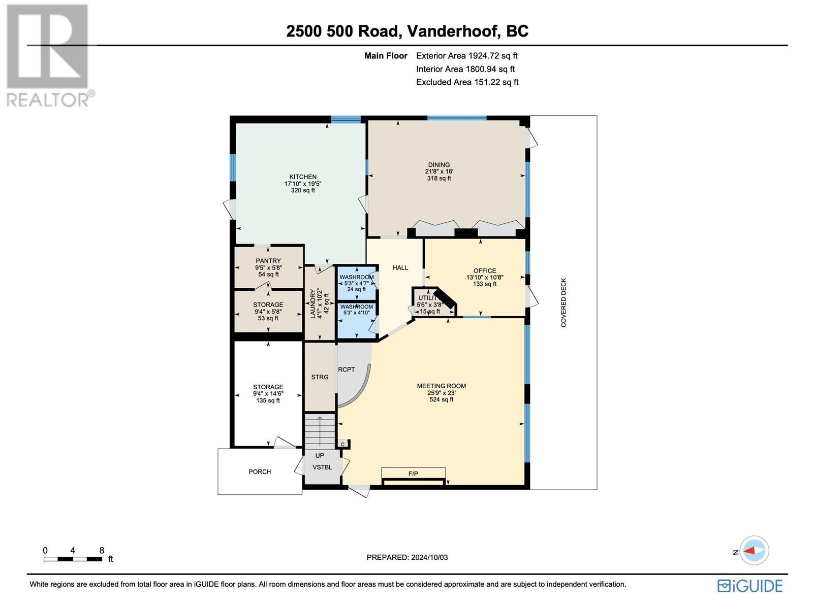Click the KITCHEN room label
303,177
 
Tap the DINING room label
439,165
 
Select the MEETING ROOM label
441,386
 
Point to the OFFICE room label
484,271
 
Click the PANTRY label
268,261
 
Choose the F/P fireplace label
413,473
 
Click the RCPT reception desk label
347,369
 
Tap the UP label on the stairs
320,456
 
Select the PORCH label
260,472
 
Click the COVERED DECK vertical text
564,302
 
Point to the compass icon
754,550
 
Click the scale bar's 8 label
102,550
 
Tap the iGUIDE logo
750,586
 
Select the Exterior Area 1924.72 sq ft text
466,56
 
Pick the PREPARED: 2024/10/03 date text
407,557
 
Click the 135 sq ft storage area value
268,401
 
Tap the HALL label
400,268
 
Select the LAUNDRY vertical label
313,303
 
